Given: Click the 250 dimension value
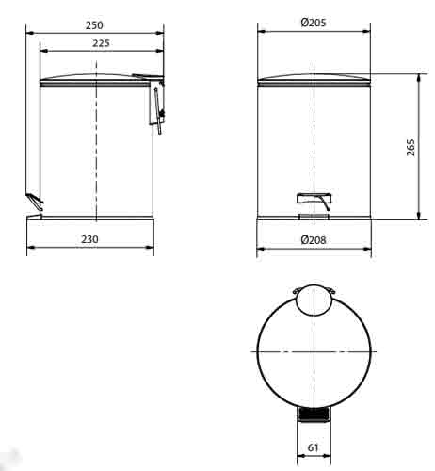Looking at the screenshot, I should (92, 24).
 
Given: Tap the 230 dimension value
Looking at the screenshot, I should (89, 240).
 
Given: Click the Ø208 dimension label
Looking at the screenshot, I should (314, 240).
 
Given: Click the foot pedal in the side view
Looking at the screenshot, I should (34, 200).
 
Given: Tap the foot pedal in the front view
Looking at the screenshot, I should (313, 199).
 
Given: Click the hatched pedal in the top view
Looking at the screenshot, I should (314, 413).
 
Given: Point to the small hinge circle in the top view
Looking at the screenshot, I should (314, 299).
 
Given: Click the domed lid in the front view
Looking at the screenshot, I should (314, 76).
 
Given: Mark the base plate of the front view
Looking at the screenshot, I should (314, 219).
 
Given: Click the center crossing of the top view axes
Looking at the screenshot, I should (314, 350).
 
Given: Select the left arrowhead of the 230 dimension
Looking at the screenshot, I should (30, 250).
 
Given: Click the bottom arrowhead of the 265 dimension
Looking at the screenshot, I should (418, 217).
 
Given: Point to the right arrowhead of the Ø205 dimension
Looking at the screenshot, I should (367, 33).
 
